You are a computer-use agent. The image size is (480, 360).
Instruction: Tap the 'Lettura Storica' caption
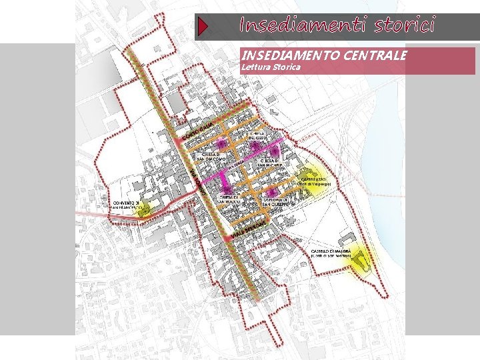(271, 67)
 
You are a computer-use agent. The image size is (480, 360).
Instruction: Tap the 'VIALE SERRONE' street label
(248, 229)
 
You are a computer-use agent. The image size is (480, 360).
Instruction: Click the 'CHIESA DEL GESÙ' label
(257, 137)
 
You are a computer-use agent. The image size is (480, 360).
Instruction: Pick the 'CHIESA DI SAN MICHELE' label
(273, 163)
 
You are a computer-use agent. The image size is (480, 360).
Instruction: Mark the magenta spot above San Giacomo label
(221, 144)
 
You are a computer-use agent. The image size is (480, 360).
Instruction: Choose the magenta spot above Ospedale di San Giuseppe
(270, 191)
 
